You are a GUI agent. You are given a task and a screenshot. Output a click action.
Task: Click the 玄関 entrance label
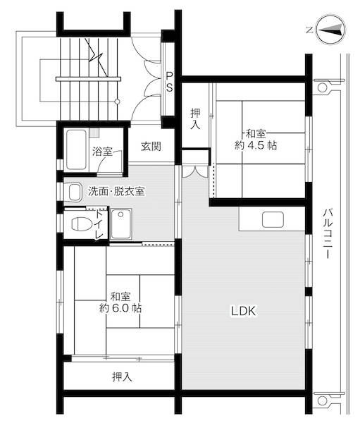[150, 147]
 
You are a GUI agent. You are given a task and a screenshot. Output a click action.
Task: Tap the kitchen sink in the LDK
[273, 219]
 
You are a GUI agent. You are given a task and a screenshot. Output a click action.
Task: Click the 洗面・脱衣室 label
[116, 191]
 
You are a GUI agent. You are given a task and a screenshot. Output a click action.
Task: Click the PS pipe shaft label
[170, 79]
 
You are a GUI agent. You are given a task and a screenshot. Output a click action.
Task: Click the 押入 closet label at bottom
[122, 376]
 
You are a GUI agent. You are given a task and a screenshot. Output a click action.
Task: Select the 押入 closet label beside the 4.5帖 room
[197, 118]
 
